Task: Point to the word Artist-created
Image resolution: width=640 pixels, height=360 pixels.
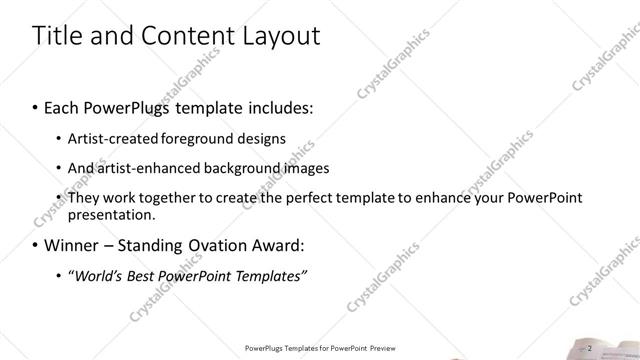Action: coord(106,138)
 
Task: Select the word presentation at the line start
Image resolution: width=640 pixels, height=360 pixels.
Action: coord(111,214)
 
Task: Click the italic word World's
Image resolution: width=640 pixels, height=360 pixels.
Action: coord(98,275)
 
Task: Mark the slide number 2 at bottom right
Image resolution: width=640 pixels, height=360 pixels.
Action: coord(590,348)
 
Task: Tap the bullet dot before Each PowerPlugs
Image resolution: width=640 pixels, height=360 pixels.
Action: coord(36,106)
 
